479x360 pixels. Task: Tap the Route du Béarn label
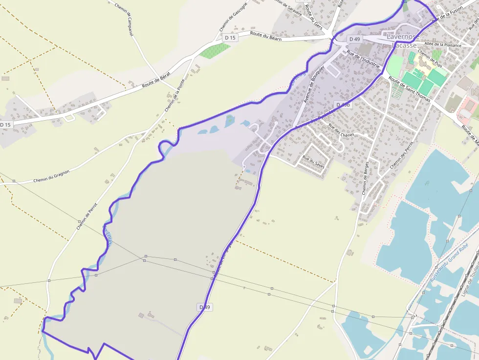[x=266, y=36]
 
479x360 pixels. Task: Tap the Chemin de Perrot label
[x=87, y=216]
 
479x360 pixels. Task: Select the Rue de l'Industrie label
[x=363, y=60]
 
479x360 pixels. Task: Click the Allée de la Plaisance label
[x=442, y=44]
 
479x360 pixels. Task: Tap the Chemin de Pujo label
[x=430, y=59]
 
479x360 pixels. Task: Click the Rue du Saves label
[x=313, y=161]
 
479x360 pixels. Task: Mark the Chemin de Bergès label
[x=365, y=177]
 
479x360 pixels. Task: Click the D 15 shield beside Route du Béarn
[x=230, y=38]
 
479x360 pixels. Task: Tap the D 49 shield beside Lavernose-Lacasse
[x=354, y=39]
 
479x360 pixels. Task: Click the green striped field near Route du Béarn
[x=215, y=50]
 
